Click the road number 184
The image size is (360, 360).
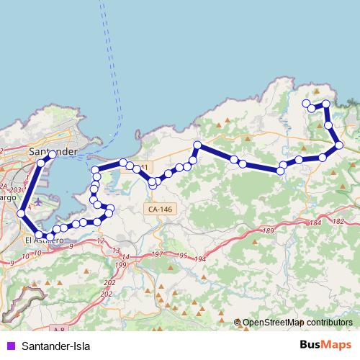315,224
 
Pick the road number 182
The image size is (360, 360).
338,222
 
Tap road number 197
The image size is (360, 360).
156,255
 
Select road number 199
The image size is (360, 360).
120,265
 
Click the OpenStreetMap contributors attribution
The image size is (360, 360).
297,323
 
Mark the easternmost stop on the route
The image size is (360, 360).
339,146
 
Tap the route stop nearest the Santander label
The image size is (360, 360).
52,155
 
